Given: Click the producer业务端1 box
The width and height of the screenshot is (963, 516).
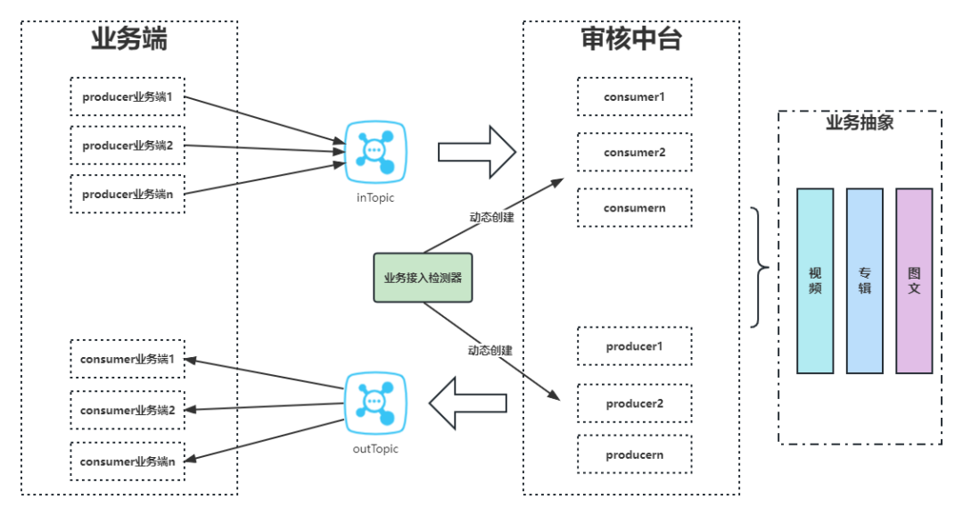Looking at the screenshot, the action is coord(128,96).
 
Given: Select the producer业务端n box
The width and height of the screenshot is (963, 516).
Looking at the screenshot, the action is coord(128,194).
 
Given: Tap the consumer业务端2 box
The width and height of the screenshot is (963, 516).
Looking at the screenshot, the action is coord(128,410).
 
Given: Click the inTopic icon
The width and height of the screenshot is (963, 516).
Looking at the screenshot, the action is coord(375,152).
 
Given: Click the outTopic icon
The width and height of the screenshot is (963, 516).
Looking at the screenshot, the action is coord(375,403).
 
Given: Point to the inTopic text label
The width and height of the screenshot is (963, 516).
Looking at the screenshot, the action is coord(375,197).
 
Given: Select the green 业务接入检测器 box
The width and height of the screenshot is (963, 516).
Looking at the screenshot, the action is coord(423,278).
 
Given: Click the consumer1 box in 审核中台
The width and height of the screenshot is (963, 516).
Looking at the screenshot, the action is coord(635,96).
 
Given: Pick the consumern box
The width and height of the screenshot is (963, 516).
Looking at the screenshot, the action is coord(635,208).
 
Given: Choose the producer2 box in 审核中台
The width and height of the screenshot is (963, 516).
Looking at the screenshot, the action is coord(635,404).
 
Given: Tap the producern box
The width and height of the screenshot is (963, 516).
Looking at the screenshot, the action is coord(635,454).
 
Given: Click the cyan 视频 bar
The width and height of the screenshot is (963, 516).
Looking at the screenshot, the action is coord(815,281).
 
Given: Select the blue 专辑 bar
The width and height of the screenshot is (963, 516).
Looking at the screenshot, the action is coord(865,281).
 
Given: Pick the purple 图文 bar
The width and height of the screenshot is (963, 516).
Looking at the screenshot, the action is coord(914,281).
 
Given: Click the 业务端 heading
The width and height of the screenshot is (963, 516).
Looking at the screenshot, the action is coord(129,38).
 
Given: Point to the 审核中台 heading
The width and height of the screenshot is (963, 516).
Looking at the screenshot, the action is coord(631,38).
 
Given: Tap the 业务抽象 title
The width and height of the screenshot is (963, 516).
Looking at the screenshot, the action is coord(860,122).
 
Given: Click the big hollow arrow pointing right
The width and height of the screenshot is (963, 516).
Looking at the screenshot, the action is coord(477,152).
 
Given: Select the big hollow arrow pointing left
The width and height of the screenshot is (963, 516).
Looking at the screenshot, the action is coord(468,403).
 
